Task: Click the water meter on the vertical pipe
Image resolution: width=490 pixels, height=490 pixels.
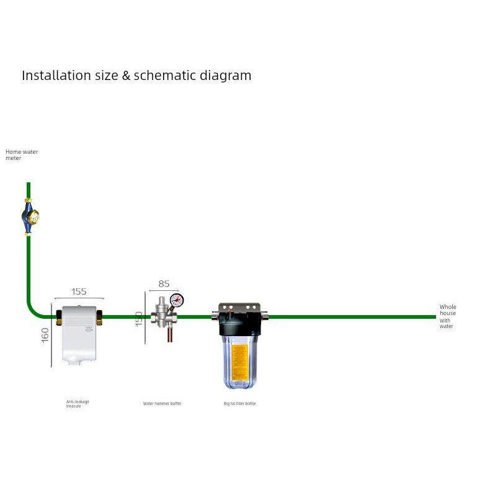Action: (29, 216)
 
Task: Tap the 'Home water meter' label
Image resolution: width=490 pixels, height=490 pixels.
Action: (21, 154)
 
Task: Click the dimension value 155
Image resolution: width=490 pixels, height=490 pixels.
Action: (79, 292)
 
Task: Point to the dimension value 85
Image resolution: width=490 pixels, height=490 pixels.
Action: (164, 284)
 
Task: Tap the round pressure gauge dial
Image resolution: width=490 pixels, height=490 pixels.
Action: (177, 301)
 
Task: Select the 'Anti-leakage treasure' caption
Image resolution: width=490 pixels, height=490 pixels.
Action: (78, 404)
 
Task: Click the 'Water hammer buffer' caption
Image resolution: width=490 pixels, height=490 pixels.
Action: (162, 404)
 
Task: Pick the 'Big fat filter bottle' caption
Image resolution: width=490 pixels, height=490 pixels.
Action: (239, 404)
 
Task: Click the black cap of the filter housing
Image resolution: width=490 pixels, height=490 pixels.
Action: (240, 320)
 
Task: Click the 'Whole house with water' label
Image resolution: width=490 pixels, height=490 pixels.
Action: (447, 316)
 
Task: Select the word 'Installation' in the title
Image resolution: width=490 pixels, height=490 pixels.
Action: (56, 76)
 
